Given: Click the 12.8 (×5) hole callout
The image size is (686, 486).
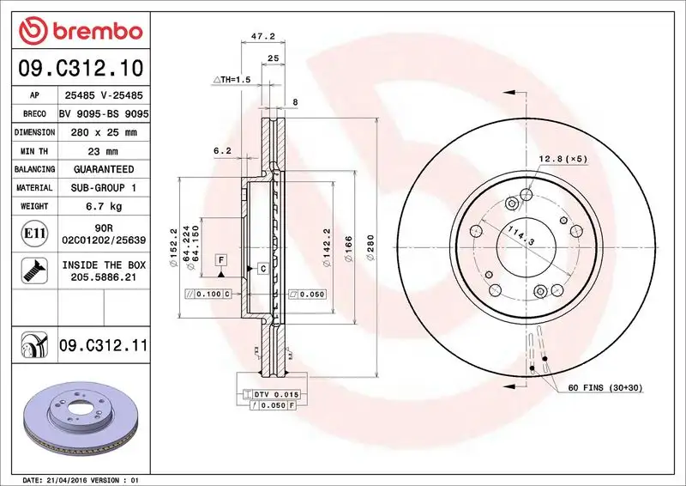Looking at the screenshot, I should [x=563, y=159].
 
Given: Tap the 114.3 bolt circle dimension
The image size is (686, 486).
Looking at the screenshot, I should [x=521, y=236].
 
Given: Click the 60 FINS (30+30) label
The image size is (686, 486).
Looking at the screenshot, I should [x=605, y=387].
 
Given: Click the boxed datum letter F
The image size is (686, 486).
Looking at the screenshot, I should [x=220, y=258].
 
